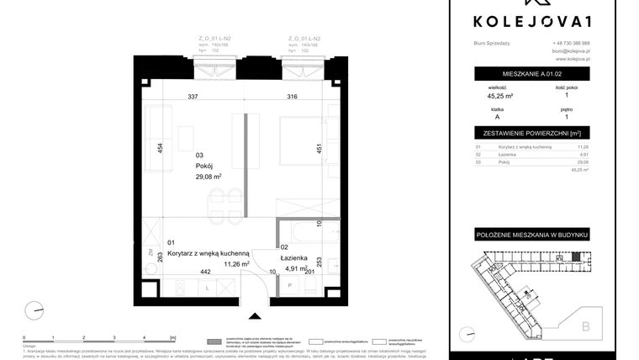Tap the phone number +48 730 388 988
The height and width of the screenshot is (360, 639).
(x=571, y=43)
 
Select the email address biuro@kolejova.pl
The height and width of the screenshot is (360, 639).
(x=571, y=51)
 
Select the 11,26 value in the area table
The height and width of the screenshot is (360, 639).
(x=583, y=147)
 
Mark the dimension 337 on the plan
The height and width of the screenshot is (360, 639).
(x=193, y=97)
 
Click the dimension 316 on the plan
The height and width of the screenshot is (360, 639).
(x=292, y=97)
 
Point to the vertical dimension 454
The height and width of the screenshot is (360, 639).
(x=160, y=151)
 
